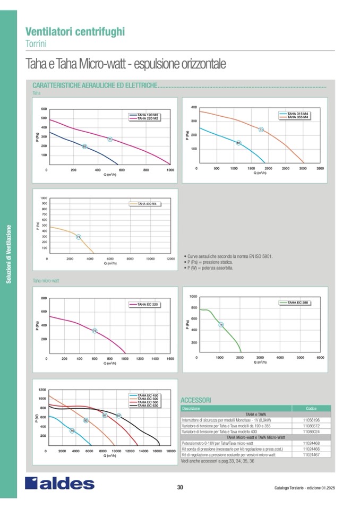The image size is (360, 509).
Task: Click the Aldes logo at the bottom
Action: pos(59,484)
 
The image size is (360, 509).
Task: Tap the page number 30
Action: pos(180,488)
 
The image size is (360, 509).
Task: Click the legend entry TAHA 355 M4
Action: pos(298,117)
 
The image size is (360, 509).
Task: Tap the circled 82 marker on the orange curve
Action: pos(85,420)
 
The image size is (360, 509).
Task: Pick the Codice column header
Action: pos(311,408)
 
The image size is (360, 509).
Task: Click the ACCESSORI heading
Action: pos(196,400)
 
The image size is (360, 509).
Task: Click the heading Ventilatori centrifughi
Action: pos(75,31)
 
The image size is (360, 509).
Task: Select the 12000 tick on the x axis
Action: pos(170,259)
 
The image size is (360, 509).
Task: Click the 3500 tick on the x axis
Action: pos(320,168)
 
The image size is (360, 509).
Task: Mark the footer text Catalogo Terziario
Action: pos(293,488)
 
